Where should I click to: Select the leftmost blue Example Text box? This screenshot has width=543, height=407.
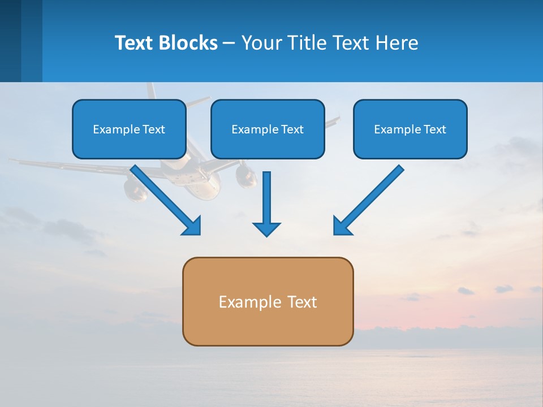tap(129, 129)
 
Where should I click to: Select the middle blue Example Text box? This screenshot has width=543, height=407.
tap(268, 129)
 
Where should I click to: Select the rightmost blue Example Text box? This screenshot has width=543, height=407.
tap(410, 129)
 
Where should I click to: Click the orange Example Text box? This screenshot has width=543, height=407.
tap(268, 301)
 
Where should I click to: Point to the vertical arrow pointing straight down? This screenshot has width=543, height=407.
tap(266, 198)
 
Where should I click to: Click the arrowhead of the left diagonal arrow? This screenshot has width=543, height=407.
tap(193, 226)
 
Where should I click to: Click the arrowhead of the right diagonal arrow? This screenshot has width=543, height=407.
tap(342, 226)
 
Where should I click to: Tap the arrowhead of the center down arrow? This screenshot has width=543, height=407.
tap(266, 229)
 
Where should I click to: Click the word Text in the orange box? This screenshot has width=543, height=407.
tap(303, 302)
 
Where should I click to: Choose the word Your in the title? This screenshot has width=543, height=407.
tap(261, 43)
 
